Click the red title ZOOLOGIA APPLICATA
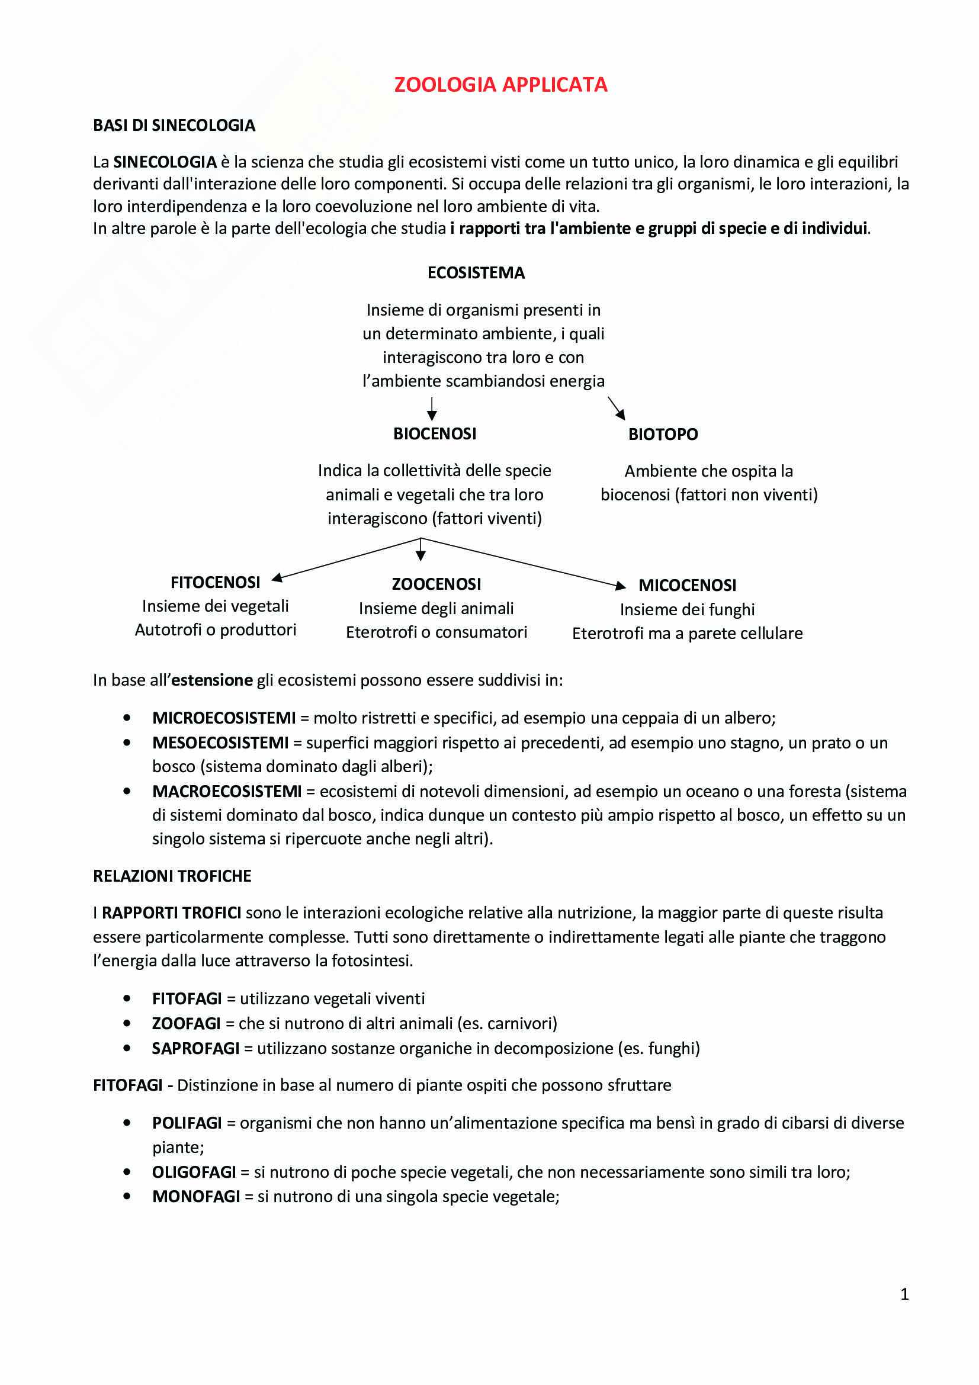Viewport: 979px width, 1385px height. [x=500, y=85]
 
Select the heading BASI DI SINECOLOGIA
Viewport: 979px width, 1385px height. [x=174, y=126]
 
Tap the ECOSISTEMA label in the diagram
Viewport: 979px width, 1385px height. [x=476, y=273]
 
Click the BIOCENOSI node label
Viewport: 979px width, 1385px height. [x=434, y=433]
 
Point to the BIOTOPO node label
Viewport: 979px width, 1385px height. [x=663, y=434]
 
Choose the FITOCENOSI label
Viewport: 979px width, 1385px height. [x=216, y=582]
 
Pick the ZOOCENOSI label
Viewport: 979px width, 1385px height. [x=436, y=584]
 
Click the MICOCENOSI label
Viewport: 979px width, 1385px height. [x=687, y=585]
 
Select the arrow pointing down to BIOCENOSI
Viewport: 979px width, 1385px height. [x=431, y=409]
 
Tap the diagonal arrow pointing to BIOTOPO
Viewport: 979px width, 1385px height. [x=617, y=409]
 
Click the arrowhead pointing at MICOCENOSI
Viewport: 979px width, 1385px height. [x=620, y=585]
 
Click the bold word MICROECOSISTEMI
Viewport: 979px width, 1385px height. [x=224, y=718]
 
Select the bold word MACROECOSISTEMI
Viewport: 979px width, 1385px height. [x=227, y=791]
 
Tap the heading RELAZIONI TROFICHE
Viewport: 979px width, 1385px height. [x=172, y=876]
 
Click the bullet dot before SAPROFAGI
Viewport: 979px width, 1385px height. [x=127, y=1049]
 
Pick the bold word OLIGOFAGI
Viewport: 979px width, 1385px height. [x=194, y=1172]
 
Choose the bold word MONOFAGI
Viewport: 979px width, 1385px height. [x=196, y=1196]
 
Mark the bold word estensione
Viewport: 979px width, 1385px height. [x=211, y=680]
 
